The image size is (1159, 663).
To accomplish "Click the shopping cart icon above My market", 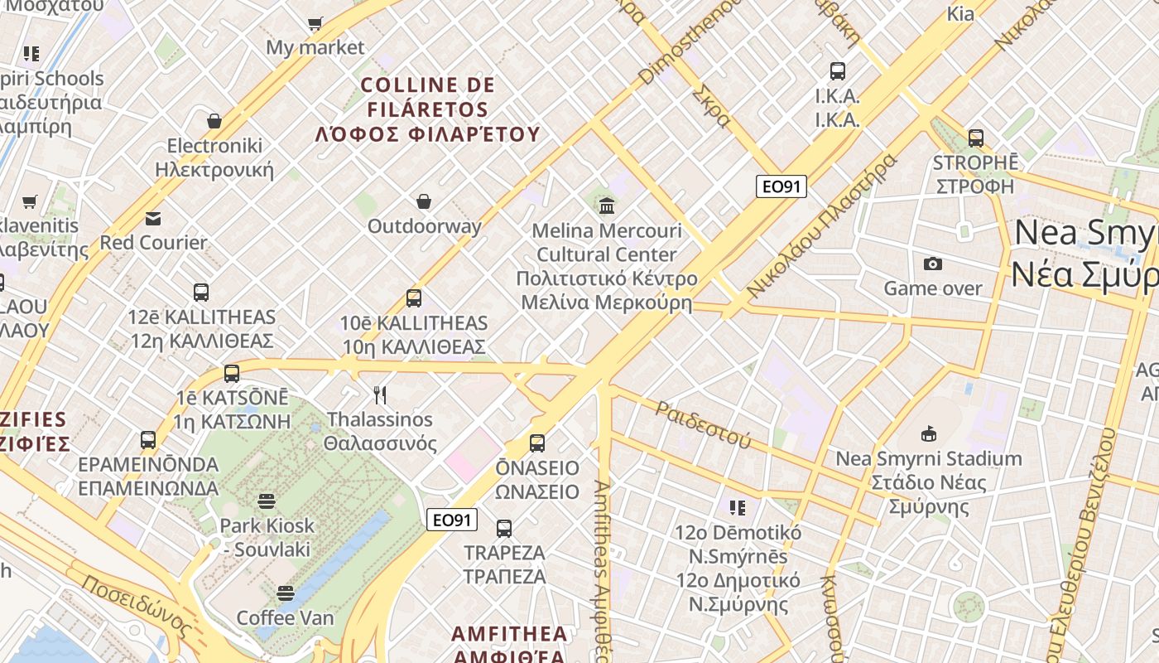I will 315,23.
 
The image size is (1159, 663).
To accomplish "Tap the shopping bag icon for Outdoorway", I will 424,201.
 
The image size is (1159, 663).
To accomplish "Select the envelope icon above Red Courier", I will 153,219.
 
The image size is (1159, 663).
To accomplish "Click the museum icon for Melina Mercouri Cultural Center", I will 607,205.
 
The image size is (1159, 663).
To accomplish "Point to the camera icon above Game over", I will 933,264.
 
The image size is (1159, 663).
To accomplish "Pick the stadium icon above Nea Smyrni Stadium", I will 928,433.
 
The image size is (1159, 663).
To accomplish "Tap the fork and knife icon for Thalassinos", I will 380,394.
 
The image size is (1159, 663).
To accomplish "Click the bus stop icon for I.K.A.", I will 838,71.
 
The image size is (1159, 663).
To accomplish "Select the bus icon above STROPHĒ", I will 976,138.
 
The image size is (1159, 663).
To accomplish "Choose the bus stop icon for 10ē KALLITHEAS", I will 414,298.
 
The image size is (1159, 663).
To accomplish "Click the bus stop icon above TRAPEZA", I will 503,528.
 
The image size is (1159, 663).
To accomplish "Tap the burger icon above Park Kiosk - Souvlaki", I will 267,501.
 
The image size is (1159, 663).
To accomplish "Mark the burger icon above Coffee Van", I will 286,593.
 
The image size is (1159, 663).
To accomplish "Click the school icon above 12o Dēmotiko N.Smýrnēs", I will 738,507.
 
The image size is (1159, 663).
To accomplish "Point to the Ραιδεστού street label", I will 704,423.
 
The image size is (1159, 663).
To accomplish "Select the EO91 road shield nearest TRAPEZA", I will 453,520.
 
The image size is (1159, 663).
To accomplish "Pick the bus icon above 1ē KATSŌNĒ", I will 232,373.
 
